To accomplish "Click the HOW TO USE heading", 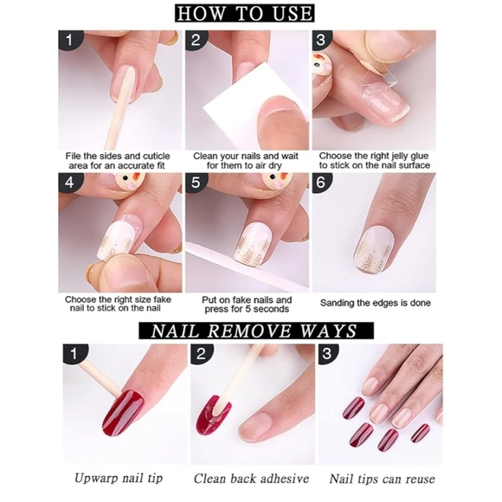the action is pyautogui.click(x=244, y=13).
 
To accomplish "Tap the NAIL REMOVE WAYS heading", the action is pyautogui.click(x=256, y=331).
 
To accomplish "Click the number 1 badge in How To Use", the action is pyautogui.click(x=69, y=40).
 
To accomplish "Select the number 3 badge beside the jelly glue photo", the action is pyautogui.click(x=321, y=40).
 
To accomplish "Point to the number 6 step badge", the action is pyautogui.click(x=321, y=183).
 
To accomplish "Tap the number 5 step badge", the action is pyautogui.click(x=196, y=183).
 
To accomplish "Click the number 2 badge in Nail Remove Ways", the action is pyautogui.click(x=201, y=354).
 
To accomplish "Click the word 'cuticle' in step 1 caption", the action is pyautogui.click(x=157, y=157).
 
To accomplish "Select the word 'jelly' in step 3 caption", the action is pyautogui.click(x=387, y=157).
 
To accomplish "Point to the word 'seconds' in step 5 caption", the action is pyautogui.click(x=273, y=309).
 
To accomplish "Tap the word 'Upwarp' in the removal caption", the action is pyautogui.click(x=93, y=479).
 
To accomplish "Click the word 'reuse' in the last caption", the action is pyautogui.click(x=420, y=479).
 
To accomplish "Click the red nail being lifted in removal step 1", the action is pyautogui.click(x=123, y=412).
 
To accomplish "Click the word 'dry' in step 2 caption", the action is pyautogui.click(x=275, y=166).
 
